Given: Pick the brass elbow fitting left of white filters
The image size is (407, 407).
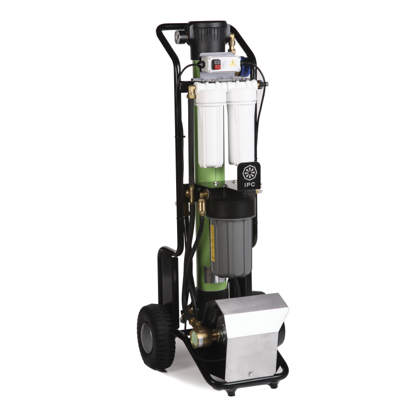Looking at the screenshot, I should point(191,92).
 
